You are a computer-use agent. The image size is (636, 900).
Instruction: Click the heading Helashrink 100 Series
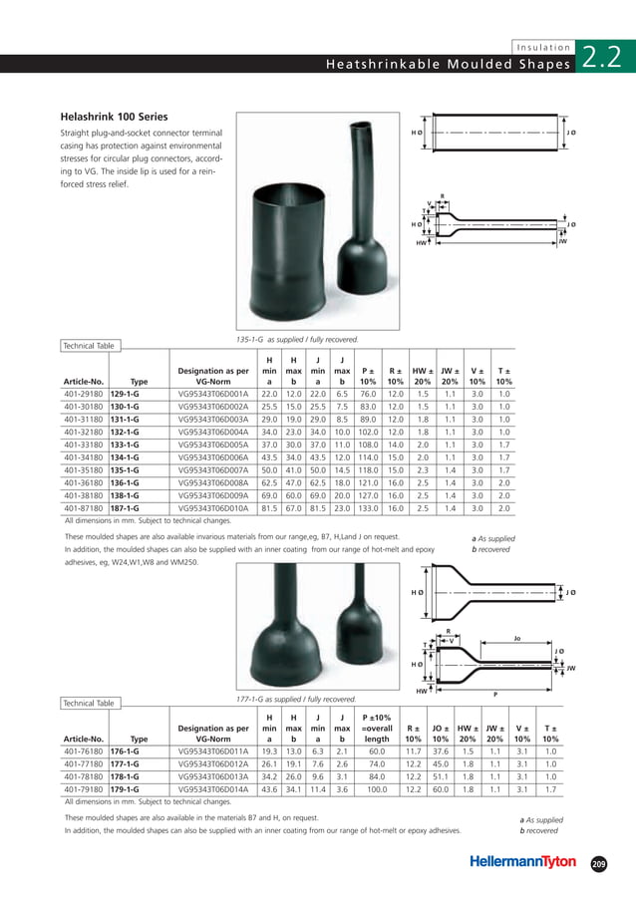(x=115, y=117)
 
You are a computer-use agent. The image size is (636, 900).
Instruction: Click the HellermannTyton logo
(x=523, y=862)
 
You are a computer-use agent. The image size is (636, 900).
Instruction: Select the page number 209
(x=598, y=863)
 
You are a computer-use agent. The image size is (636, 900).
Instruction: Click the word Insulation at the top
(x=544, y=47)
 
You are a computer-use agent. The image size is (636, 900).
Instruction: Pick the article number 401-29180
(x=85, y=421)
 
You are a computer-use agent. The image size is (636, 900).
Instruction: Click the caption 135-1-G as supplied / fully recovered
(x=296, y=340)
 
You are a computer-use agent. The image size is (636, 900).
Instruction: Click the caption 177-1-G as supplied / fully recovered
(x=296, y=699)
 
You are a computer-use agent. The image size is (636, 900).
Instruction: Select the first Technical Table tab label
(x=89, y=346)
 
